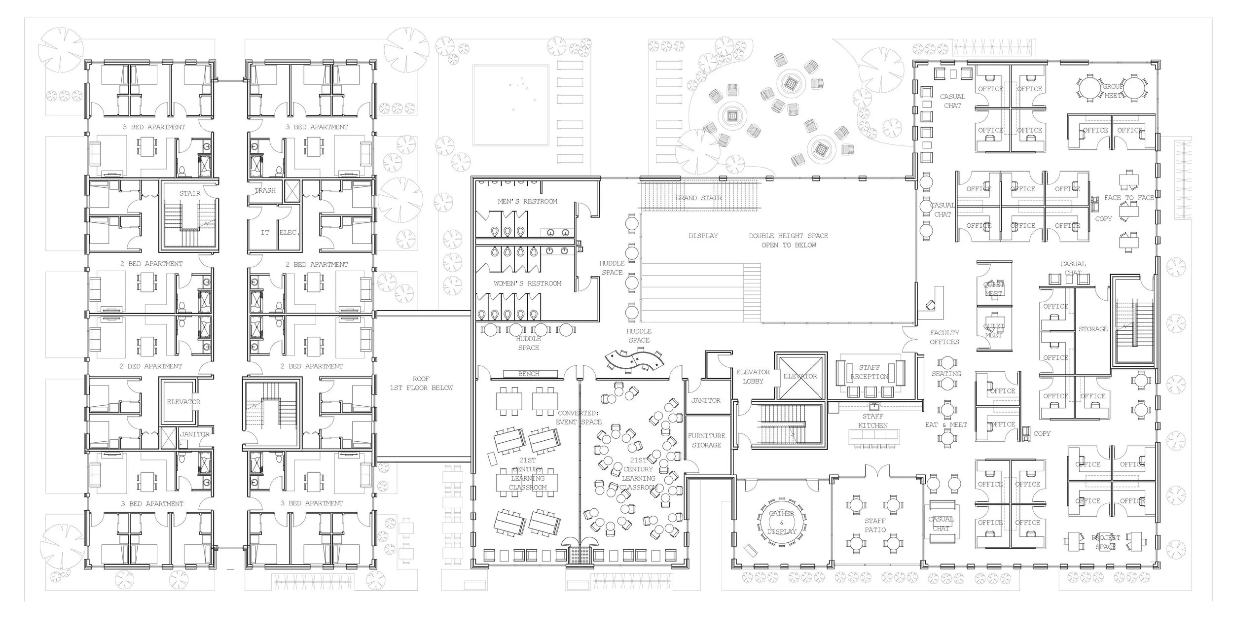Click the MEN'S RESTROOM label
click(x=527, y=201)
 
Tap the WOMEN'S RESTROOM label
click(x=527, y=283)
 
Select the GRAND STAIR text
click(x=698, y=198)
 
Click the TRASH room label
click(x=265, y=190)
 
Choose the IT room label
click(x=265, y=232)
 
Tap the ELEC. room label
click(x=289, y=232)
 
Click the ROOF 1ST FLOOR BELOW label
click(x=421, y=383)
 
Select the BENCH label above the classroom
click(x=529, y=374)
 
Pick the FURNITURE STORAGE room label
click(x=706, y=440)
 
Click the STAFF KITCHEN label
click(x=872, y=421)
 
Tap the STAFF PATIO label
click(x=875, y=525)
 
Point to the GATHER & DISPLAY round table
click(x=782, y=523)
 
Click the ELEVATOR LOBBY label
click(x=753, y=377)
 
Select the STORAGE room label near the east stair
click(x=1093, y=329)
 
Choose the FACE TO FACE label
click(x=1129, y=198)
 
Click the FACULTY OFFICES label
click(x=944, y=337)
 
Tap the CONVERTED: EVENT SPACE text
click(x=579, y=418)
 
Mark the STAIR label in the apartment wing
click(x=190, y=193)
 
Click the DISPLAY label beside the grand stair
click(x=703, y=236)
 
